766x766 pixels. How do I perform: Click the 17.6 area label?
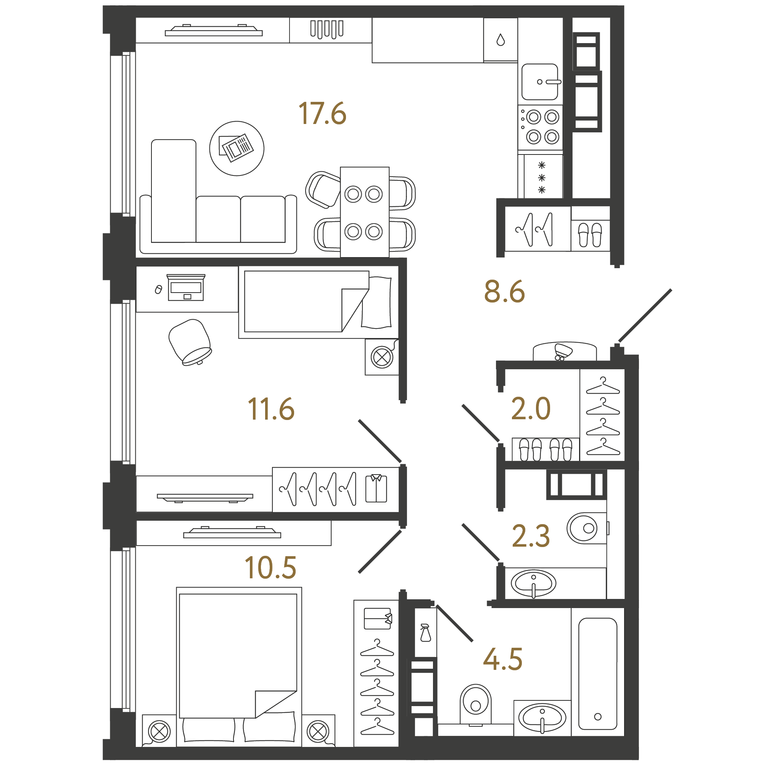click(x=322, y=113)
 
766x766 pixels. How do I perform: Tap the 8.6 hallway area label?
click(x=504, y=292)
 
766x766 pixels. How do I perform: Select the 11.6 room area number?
click(x=271, y=409)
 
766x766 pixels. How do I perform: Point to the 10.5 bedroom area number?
click(x=270, y=567)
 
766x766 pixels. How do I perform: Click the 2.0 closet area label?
click(x=531, y=409)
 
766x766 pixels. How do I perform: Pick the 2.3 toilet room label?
click(x=531, y=536)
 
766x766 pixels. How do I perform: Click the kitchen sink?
click(x=540, y=82)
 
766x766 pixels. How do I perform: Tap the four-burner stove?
click(x=541, y=127)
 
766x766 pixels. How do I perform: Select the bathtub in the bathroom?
click(x=597, y=674)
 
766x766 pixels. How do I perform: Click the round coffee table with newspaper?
click(x=237, y=148)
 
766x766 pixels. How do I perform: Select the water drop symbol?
click(x=501, y=40)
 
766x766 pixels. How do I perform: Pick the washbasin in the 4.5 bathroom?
click(x=542, y=718)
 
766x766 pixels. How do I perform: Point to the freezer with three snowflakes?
click(x=542, y=177)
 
